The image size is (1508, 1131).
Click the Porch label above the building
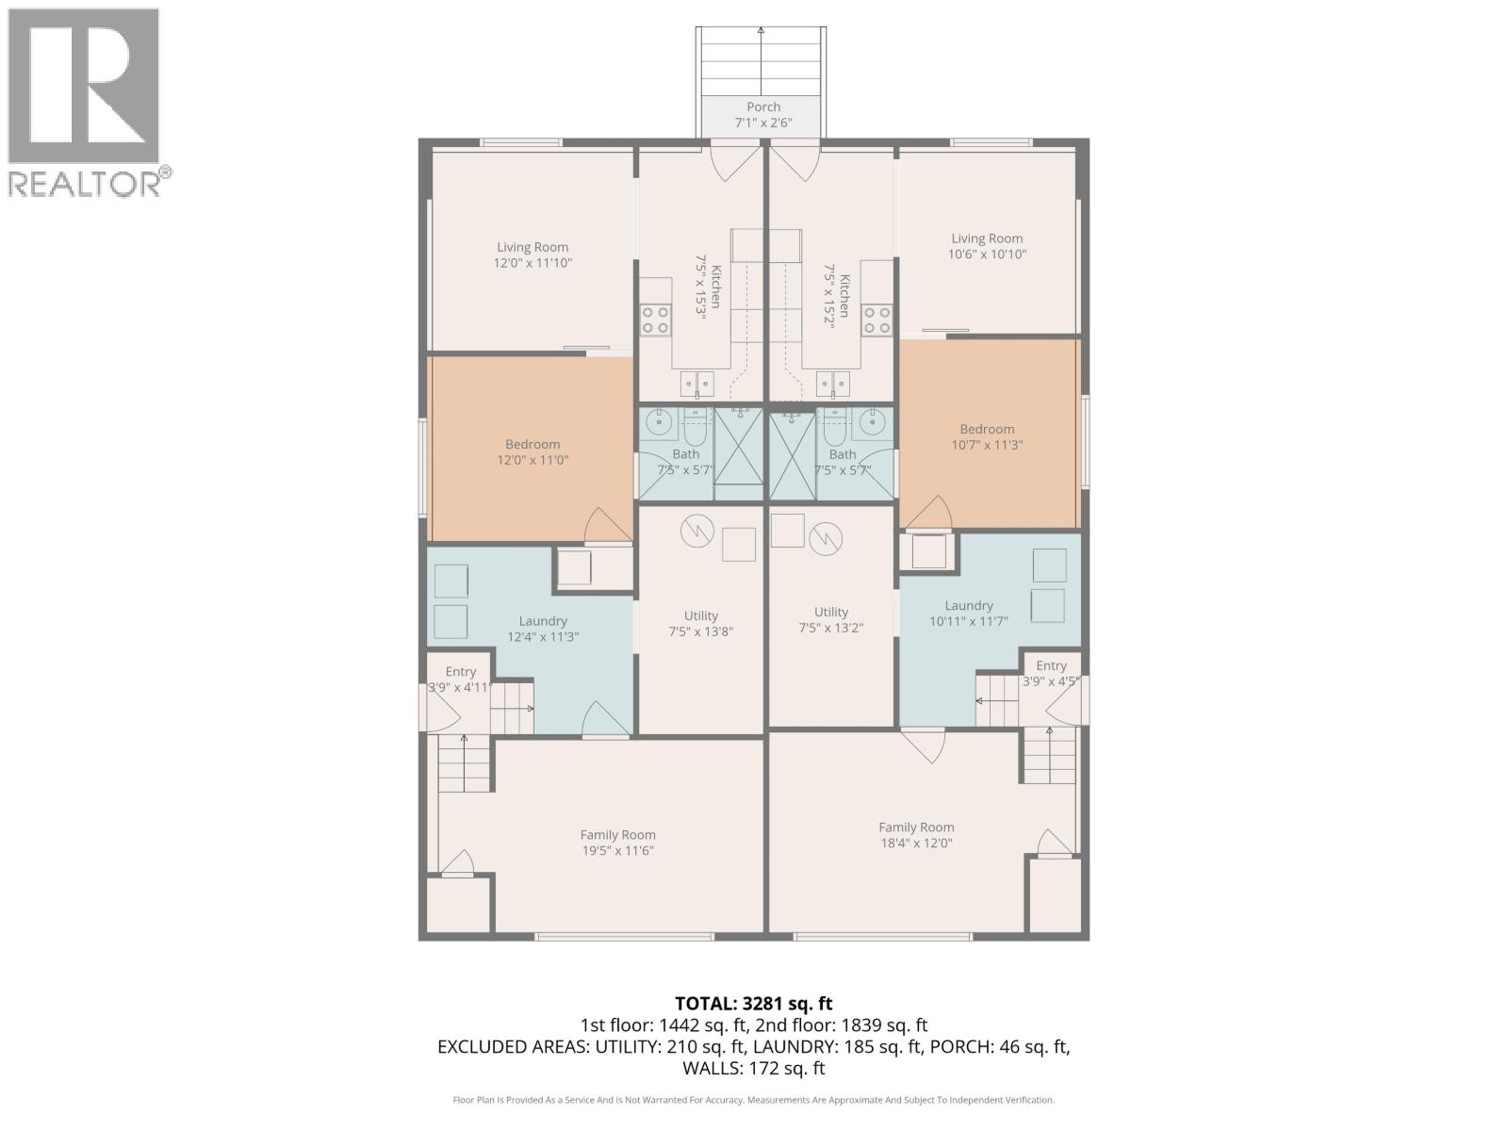point(763,114)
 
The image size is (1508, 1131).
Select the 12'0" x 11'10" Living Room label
point(533,255)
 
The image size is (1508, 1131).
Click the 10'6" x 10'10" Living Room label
point(987,246)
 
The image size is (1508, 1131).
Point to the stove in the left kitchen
point(656,320)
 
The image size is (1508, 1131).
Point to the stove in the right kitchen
point(877,320)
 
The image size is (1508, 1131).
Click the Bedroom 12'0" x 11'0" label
point(533,451)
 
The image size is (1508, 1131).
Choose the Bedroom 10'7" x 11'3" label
point(987,436)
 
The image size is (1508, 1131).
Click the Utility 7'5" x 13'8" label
point(700,623)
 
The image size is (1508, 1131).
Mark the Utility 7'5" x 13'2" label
point(830,619)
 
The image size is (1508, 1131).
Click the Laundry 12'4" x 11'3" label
point(543,629)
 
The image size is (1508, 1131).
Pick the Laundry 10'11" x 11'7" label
point(969,614)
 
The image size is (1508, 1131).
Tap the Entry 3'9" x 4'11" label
point(460,679)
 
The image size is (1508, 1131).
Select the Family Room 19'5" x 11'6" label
point(617,842)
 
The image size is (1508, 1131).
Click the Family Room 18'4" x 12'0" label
point(916,834)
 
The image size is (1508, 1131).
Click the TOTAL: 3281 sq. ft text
point(754,1004)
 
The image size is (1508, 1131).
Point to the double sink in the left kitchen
point(697,384)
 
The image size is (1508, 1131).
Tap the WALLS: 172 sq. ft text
point(754,1068)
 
